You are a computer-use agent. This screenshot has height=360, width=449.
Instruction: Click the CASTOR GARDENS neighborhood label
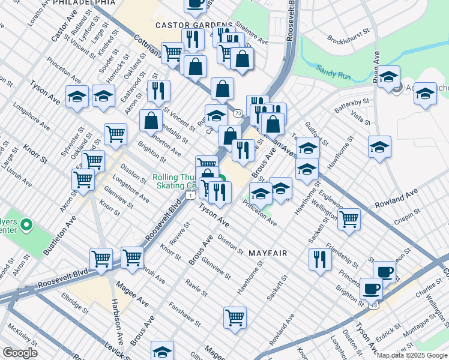pyautogui.click(x=185, y=25)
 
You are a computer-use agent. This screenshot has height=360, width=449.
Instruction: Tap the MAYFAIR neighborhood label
pyautogui.click(x=268, y=253)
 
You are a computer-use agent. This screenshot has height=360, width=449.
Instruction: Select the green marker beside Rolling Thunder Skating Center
pyautogui.click(x=221, y=179)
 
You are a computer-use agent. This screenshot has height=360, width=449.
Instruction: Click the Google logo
pyautogui.click(x=19, y=353)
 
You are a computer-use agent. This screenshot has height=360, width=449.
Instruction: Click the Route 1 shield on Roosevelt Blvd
pyautogui.click(x=190, y=196)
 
